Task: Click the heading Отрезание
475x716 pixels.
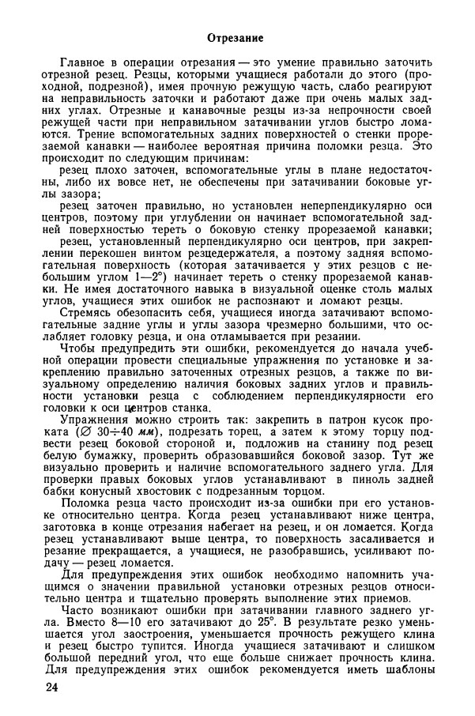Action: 236,38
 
